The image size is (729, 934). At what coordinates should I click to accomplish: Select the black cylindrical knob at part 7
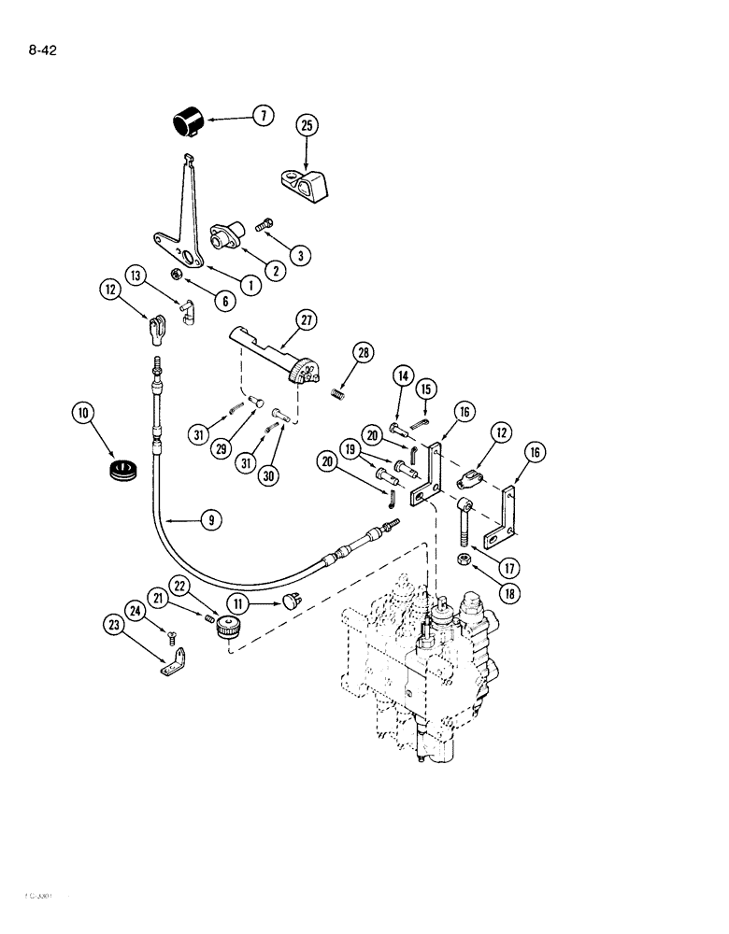pos(187,123)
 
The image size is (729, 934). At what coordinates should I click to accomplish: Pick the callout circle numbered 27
pos(305,320)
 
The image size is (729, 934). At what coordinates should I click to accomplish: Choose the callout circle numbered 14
pos(404,376)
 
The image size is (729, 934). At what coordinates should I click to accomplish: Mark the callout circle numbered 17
pos(507,567)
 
